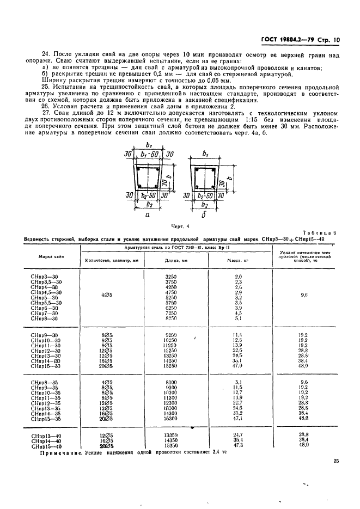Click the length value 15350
[x=172, y=445]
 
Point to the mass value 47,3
[x=237, y=445]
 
